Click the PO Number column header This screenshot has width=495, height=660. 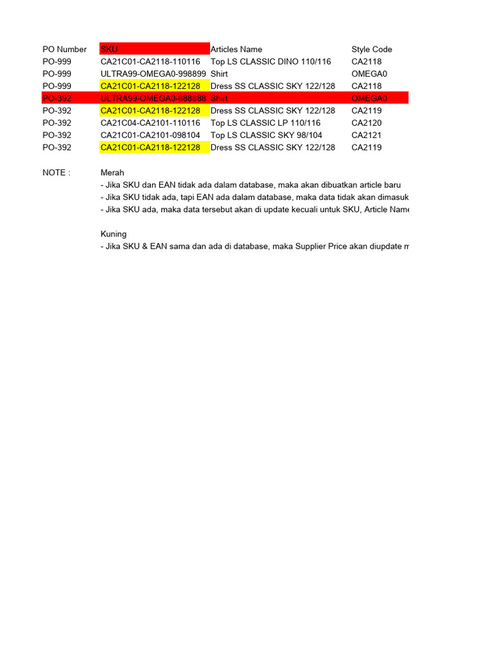pos(64,50)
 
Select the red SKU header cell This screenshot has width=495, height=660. pos(155,50)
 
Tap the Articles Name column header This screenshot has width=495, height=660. pos(236,50)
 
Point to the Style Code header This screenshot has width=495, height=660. pos(371,50)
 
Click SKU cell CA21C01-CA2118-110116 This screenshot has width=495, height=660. pos(150,62)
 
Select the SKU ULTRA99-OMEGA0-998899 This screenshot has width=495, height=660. pos(153,74)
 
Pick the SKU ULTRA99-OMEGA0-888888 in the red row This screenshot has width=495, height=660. pos(153,99)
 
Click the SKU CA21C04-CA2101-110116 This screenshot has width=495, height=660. pos(150,123)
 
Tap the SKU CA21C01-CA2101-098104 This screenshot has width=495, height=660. pos(150,135)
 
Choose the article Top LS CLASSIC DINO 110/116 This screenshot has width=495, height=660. pos(271,62)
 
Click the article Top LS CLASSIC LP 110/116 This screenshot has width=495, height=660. pos(266,123)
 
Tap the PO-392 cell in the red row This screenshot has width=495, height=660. pos(57,99)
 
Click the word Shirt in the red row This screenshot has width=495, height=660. pos(220,99)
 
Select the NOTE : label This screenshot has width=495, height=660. pos(56,173)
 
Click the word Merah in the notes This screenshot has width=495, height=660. pos(112,173)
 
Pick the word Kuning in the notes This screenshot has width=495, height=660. pos(113,234)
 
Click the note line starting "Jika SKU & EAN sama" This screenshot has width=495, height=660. pos(255,246)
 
